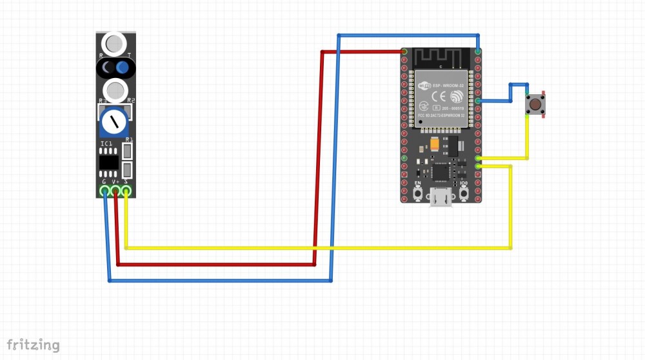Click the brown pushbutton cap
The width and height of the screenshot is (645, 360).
[535, 103]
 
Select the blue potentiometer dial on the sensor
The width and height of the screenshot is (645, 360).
[115, 120]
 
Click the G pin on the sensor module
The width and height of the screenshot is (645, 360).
[104, 191]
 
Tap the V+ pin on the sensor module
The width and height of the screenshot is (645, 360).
[115, 191]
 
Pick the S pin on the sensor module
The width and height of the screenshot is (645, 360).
[126, 191]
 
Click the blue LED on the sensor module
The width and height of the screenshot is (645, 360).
[123, 68]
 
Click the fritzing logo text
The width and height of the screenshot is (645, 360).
[33, 345]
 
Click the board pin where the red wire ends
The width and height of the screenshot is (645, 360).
[404, 51]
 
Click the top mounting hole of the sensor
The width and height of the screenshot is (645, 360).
[114, 44]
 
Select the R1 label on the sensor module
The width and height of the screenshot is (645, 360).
[128, 139]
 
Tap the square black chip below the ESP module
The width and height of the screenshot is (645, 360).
[441, 171]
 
